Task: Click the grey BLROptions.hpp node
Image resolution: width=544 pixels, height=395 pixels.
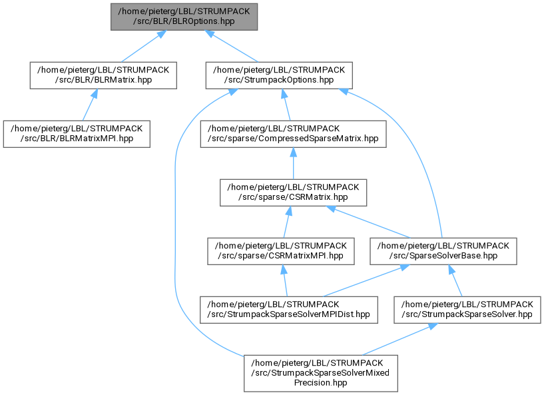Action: pos(184,17)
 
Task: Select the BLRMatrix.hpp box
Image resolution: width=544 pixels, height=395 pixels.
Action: pos(103,75)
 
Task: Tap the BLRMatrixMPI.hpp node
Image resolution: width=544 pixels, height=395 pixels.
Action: pos(77,134)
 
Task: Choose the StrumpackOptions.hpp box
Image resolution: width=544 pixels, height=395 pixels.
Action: pos(279,75)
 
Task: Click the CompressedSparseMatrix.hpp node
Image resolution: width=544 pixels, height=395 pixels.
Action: pos(293,134)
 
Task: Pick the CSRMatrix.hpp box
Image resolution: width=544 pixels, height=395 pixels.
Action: pos(293,193)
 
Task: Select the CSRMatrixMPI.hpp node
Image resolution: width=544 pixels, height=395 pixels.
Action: pos(281,251)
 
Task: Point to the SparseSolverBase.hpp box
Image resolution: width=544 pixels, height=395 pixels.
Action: pos(443,251)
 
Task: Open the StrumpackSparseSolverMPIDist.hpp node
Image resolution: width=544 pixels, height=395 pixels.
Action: pos(289,310)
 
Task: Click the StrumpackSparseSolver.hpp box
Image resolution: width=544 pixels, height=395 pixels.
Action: pos(467,310)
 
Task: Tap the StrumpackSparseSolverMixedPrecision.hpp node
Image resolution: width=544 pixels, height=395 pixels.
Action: pos(320,374)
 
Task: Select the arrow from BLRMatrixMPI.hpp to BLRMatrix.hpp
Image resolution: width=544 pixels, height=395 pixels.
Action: pos(90,105)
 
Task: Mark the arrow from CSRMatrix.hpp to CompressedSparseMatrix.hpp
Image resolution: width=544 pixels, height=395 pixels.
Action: pos(293,163)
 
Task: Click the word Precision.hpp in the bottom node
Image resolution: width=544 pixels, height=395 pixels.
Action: pos(320,383)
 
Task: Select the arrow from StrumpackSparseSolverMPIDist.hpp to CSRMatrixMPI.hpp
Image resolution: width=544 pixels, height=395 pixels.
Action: pos(285,280)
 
